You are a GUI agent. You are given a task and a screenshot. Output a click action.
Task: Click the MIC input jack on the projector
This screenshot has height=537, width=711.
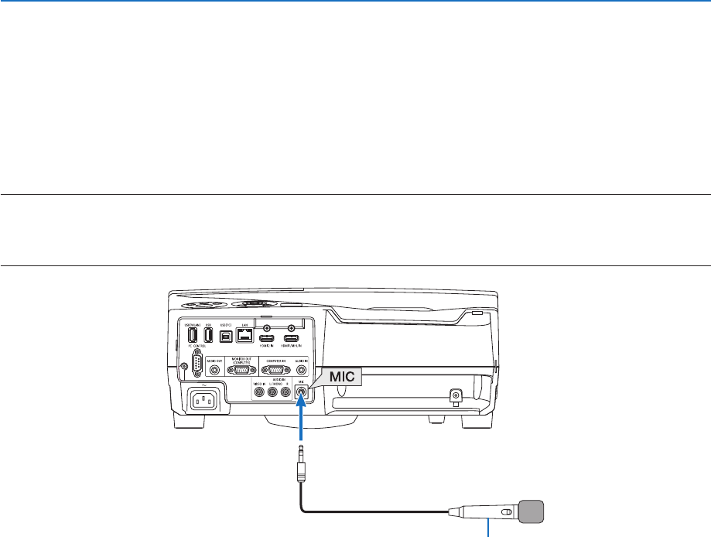[x=301, y=392]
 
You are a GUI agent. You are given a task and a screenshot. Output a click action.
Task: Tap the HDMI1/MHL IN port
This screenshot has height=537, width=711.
[x=291, y=339]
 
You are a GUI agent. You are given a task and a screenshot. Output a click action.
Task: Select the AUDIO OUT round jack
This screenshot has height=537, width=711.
[x=214, y=371]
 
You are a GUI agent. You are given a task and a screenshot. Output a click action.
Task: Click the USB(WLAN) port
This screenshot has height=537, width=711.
[x=192, y=336]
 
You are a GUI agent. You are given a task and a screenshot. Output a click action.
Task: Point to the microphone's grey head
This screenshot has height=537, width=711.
[x=531, y=511]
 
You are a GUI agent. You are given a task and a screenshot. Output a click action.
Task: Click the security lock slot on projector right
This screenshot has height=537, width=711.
[x=456, y=395]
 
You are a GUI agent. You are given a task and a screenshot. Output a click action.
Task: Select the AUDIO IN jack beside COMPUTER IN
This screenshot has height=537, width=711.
[x=301, y=371]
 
